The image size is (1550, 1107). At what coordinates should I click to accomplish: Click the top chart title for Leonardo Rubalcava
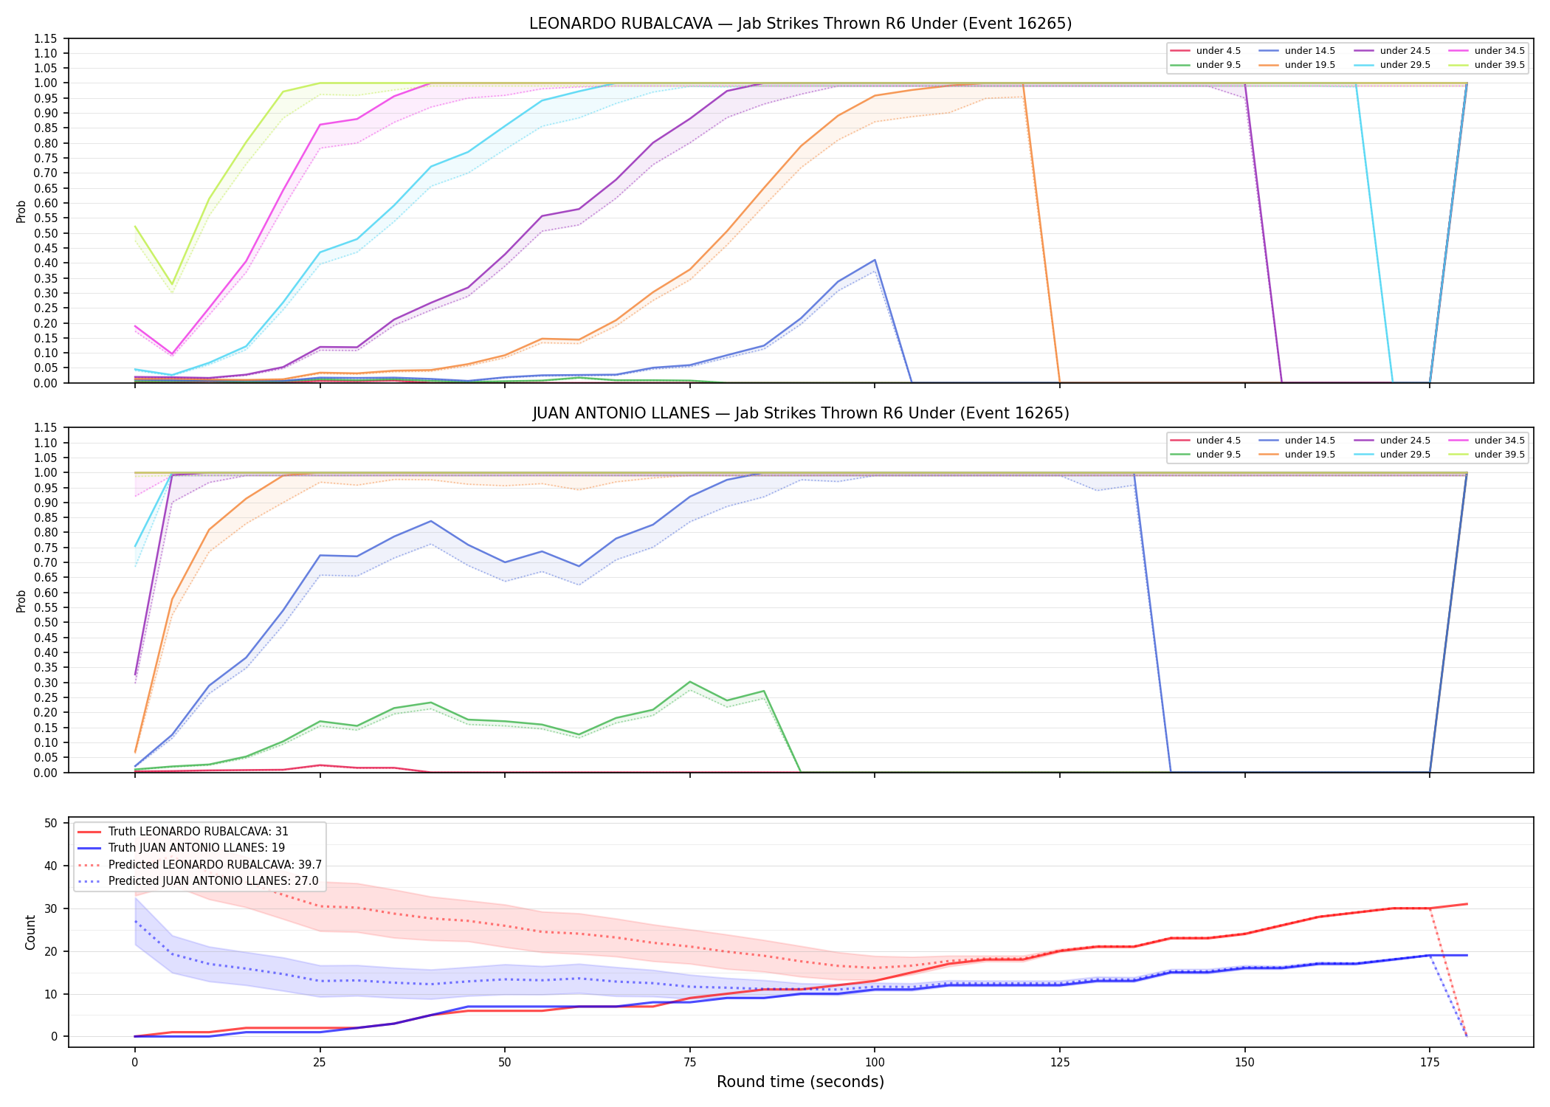(x=800, y=24)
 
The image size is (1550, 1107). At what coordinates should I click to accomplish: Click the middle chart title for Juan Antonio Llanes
(x=800, y=413)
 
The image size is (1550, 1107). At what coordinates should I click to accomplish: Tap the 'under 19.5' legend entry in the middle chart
(x=1297, y=455)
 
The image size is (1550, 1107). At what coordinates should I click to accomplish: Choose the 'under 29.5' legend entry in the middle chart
(x=1392, y=455)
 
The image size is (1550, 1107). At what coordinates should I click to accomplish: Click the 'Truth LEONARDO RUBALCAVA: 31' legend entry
(x=183, y=832)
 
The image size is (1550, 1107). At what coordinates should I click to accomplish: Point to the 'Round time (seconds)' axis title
(x=800, y=1082)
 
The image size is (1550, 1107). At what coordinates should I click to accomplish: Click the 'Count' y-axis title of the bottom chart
(x=30, y=932)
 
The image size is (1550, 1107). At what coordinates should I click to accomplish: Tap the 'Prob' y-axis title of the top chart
(x=21, y=211)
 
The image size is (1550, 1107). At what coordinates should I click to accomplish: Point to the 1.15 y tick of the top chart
(x=46, y=38)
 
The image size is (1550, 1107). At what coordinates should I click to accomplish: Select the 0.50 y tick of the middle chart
(x=46, y=623)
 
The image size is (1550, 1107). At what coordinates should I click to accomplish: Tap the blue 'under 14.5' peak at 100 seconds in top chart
(x=875, y=260)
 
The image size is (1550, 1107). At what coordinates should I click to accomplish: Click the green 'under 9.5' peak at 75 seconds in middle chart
(x=689, y=681)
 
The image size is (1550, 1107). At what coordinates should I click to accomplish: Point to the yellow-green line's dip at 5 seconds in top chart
(x=172, y=284)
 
